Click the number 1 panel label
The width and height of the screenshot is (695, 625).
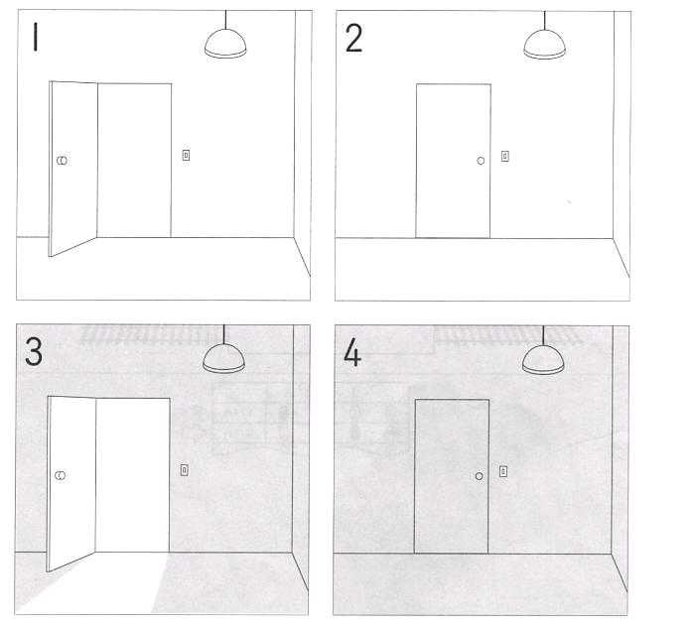[x=35, y=38]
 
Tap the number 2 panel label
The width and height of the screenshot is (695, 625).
[x=353, y=39]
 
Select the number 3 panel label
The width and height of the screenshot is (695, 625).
[x=34, y=352]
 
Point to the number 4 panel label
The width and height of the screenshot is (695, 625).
[x=352, y=352]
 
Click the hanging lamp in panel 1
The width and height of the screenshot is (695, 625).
[x=225, y=44]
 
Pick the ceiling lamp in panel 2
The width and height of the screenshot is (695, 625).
[x=544, y=45]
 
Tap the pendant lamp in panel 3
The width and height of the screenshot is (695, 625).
[x=223, y=359]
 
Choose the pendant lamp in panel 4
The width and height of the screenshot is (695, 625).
[x=543, y=360]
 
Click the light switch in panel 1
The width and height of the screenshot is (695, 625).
[x=187, y=155]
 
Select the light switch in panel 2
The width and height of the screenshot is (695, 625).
[x=504, y=156]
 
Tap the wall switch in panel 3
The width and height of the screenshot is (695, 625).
[x=185, y=470]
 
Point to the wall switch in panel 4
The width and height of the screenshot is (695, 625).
[x=503, y=471]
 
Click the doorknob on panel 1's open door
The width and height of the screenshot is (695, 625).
[x=62, y=161]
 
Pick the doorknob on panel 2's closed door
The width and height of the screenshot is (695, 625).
[x=481, y=161]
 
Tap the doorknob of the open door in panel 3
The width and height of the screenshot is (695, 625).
[x=61, y=475]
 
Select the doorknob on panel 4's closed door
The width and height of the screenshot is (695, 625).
[x=480, y=476]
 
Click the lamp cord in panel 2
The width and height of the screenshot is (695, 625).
[x=544, y=21]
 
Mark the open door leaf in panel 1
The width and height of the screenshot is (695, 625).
[x=73, y=169]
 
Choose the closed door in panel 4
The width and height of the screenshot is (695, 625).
[x=452, y=476]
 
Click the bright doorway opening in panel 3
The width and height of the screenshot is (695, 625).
[x=132, y=475]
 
